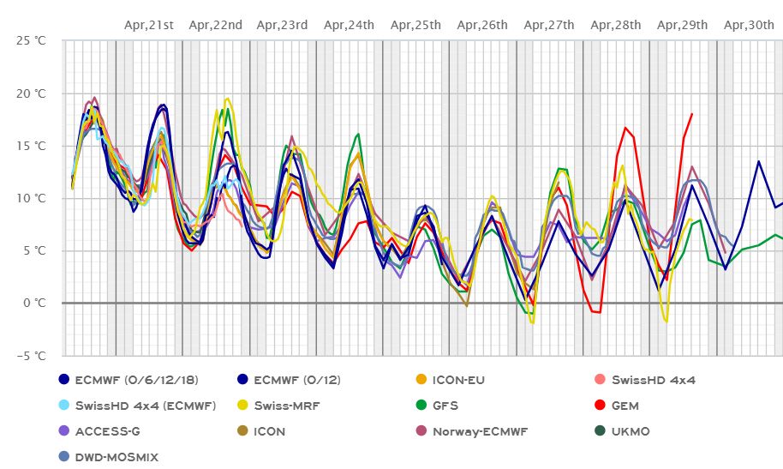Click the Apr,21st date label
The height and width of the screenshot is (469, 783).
click(148, 25)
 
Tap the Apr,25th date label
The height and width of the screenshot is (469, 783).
click(415, 25)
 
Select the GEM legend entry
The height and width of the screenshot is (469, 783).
click(625, 406)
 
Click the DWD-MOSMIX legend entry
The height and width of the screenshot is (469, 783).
click(117, 457)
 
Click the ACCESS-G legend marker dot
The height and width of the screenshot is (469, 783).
click(63, 431)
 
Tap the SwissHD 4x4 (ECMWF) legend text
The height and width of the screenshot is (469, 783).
click(145, 406)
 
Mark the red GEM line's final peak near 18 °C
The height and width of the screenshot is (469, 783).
click(691, 114)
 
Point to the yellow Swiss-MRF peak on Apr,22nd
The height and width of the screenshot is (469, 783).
click(227, 99)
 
